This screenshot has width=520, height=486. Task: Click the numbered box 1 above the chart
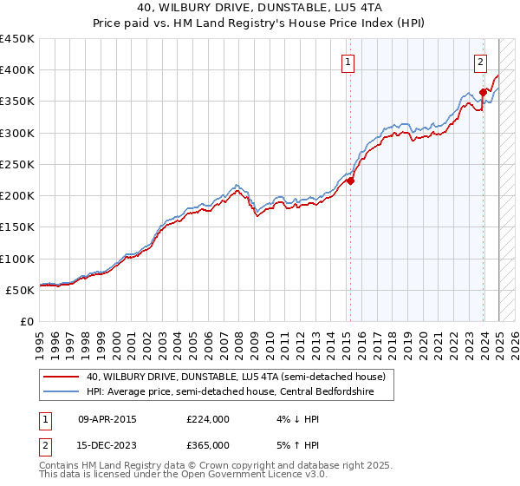348,62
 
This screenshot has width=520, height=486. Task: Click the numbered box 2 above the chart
480,62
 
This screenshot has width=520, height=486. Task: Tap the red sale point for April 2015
351,181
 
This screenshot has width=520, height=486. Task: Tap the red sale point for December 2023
483,92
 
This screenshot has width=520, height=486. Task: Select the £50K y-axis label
21,290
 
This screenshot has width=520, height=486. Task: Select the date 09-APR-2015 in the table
107,419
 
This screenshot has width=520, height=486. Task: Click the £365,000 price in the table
207,444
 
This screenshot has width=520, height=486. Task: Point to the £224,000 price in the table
207,419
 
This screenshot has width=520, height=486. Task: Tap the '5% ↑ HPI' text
295,444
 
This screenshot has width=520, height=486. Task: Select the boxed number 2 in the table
44,444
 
